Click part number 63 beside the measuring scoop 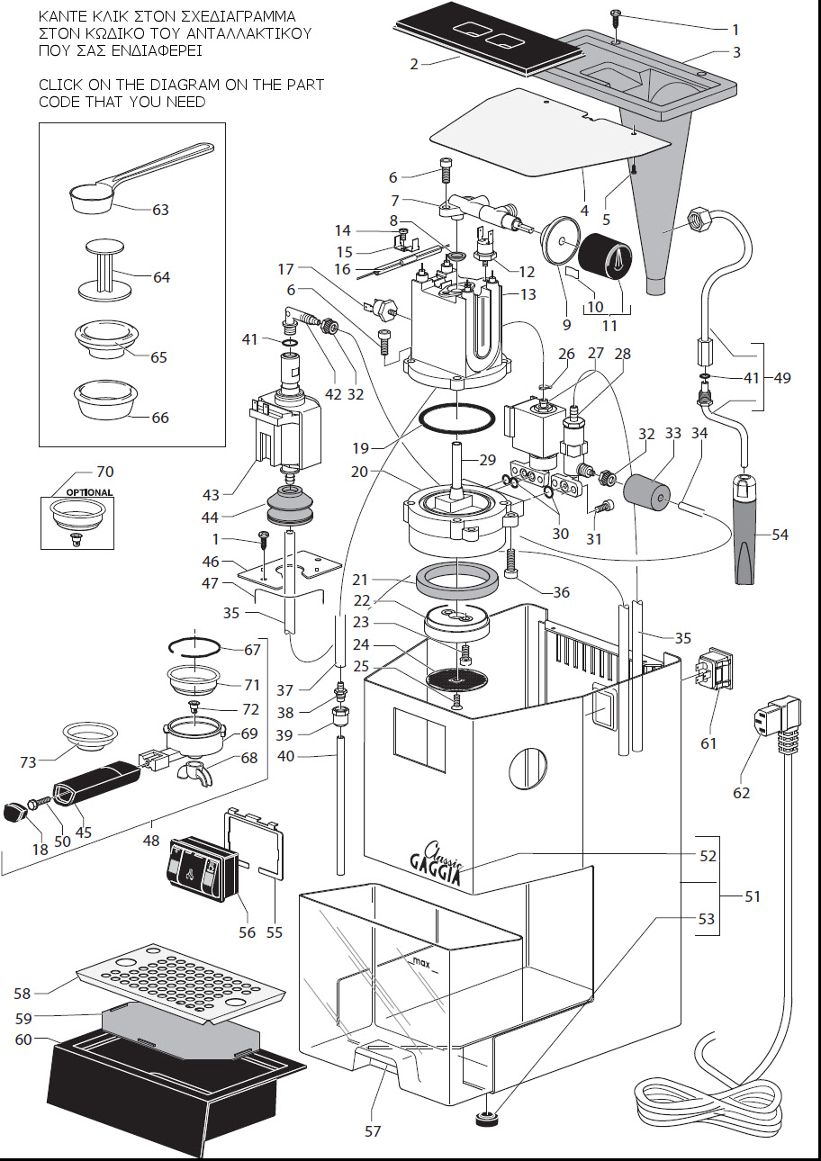point(160,210)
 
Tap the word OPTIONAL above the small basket point(89,492)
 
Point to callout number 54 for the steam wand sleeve point(780,535)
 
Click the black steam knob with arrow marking point(605,256)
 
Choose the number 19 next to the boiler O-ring point(361,448)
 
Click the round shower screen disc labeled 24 point(456,679)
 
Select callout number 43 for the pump point(211,495)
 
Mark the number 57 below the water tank point(373,1131)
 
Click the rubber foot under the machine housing point(487,1120)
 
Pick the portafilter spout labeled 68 point(194,769)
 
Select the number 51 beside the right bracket point(752,896)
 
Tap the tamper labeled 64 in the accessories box point(104,269)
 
